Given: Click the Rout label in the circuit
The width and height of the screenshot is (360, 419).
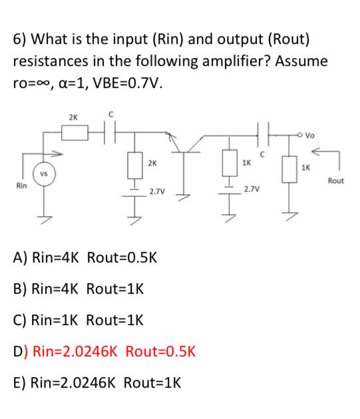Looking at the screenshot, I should (x=335, y=181).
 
